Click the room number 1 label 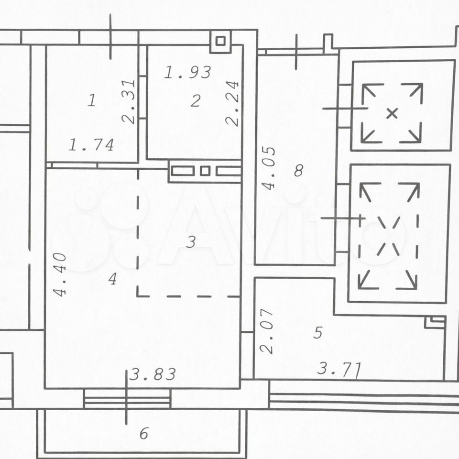[x=92, y=100]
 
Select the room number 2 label [x=196, y=101]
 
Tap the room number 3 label [x=191, y=242]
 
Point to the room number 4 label [x=112, y=279]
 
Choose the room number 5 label [x=317, y=333]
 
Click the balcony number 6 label [x=144, y=433]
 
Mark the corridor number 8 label [x=298, y=170]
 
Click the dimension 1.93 [x=187, y=72]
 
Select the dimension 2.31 [x=129, y=102]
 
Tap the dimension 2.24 [x=233, y=103]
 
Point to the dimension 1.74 [x=91, y=145]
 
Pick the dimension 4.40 [x=60, y=274]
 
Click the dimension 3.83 [x=153, y=374]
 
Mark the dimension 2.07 [x=267, y=331]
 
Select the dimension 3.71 [x=339, y=369]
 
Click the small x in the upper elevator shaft [x=392, y=113]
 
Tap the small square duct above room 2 [x=220, y=41]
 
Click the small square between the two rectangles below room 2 [x=205, y=171]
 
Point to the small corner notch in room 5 [x=435, y=322]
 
